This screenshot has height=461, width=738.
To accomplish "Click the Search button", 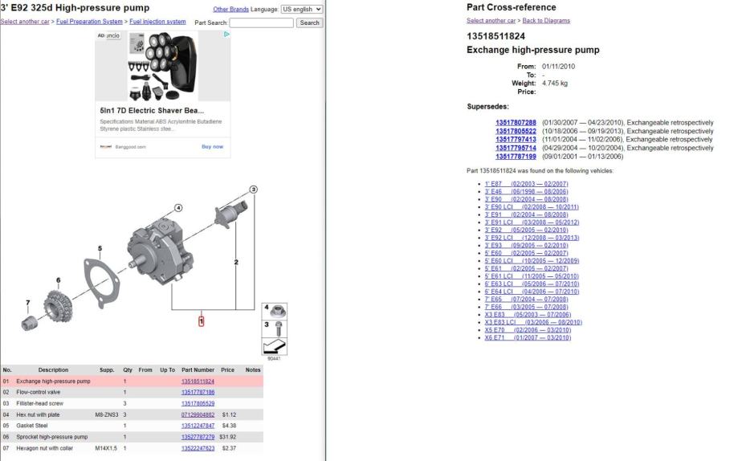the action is [309, 22].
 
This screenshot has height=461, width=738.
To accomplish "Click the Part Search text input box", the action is [261, 22].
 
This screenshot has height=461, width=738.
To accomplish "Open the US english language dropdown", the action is [302, 9].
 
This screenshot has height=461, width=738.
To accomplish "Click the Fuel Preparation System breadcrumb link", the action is [89, 22].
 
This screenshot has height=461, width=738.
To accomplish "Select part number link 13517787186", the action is [198, 392].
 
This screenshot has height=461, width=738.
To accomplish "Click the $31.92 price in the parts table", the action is [228, 437].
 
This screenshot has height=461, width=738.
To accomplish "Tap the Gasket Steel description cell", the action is [32, 426].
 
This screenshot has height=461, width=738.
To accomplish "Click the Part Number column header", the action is [198, 370].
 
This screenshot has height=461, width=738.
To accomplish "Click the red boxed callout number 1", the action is [202, 321].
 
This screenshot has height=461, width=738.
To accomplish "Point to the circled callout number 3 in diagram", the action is [253, 190].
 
